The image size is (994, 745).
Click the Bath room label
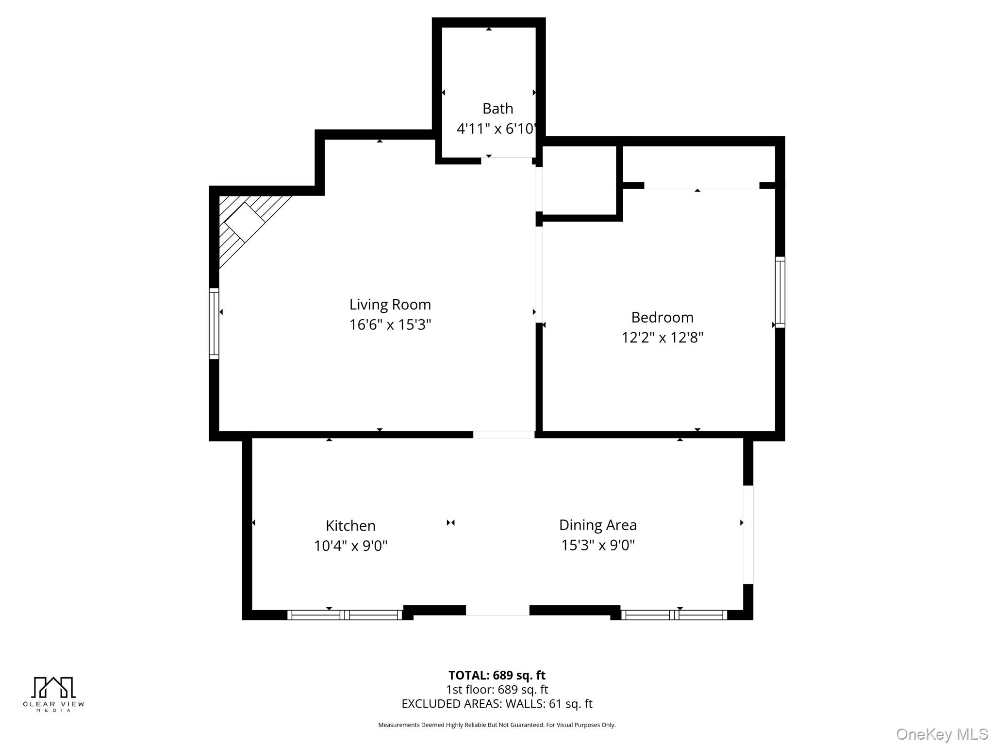click(497, 108)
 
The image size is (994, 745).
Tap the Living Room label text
click(390, 305)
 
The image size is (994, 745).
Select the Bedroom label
click(663, 317)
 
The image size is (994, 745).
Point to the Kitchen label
click(350, 526)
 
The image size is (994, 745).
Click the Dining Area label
click(598, 525)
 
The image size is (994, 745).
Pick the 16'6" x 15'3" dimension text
click(390, 324)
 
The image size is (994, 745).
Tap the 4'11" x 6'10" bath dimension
click(496, 129)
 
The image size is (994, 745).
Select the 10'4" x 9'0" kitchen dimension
click(350, 546)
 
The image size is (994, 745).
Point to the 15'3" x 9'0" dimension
click(598, 545)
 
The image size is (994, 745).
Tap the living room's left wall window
click(214, 324)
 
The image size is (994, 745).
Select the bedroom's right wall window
click(780, 292)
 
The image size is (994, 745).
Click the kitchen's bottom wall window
click(345, 615)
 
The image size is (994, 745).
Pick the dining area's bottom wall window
click(674, 615)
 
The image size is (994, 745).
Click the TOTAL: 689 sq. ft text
click(497, 675)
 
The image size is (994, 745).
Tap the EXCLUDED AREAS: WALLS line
click(497, 704)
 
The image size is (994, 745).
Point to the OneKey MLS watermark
click(942, 734)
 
